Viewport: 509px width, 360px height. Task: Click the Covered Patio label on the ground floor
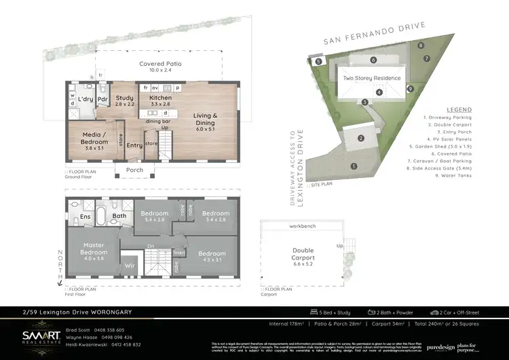tap(161, 64)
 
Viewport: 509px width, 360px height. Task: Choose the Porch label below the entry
tap(134, 170)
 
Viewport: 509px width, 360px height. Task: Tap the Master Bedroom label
tap(94, 248)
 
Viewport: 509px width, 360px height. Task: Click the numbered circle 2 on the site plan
tap(361, 139)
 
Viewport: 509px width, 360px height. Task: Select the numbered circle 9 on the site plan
tap(410, 89)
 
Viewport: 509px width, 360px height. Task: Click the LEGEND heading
tap(459, 109)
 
